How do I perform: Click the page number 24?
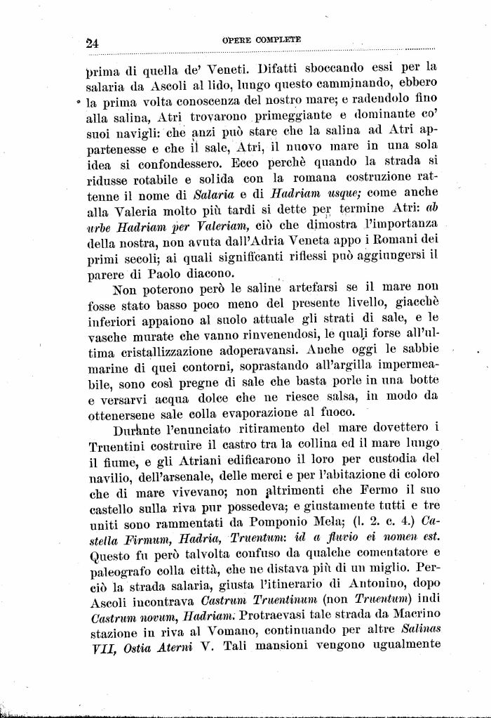click(92, 41)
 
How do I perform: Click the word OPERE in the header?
click(236, 40)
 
